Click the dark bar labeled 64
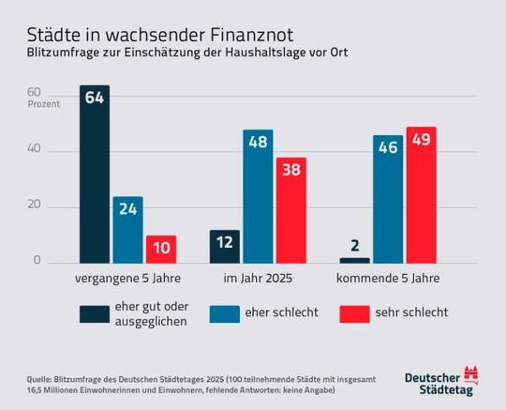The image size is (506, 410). [94, 175]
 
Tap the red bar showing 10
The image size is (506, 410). [160, 250]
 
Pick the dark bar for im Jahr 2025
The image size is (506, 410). [224, 247]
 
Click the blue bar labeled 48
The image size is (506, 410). [258, 197]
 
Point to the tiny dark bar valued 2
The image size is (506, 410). [354, 260]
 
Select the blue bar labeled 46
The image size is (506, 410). [388, 200]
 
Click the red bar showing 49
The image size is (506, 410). [421, 195]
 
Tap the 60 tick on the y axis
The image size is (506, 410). [34, 93]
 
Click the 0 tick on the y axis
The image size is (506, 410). [37, 261]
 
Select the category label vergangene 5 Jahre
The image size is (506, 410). [127, 279]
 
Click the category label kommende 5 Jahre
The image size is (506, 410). [388, 279]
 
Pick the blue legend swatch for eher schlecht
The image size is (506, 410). [224, 313]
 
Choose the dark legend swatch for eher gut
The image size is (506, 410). [94, 313]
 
